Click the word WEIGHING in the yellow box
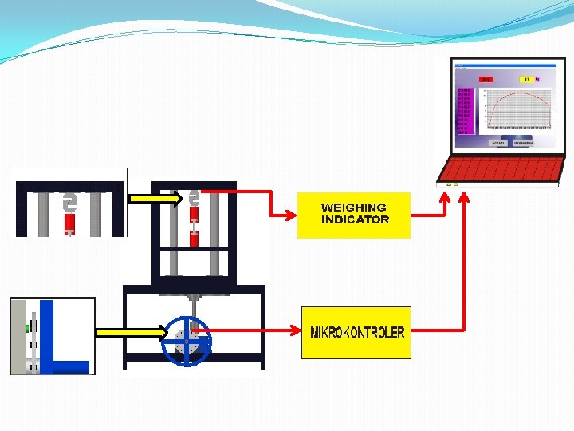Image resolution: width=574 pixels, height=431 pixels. point(353,208)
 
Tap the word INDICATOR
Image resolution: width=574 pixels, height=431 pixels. point(355,219)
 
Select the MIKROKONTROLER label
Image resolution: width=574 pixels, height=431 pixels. point(356,333)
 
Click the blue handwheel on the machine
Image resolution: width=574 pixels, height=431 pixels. point(187,341)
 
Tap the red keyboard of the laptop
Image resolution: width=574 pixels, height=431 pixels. point(502,169)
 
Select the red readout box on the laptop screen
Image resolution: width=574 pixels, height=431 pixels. point(486,80)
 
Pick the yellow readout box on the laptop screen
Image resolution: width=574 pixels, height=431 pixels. point(527,80)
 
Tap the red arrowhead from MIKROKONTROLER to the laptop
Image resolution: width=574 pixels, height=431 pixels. point(466,194)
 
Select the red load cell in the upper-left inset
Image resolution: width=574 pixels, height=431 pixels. point(69,221)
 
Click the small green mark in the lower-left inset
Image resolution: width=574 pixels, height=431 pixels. point(27,327)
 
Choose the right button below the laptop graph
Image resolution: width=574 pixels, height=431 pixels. point(523,142)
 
